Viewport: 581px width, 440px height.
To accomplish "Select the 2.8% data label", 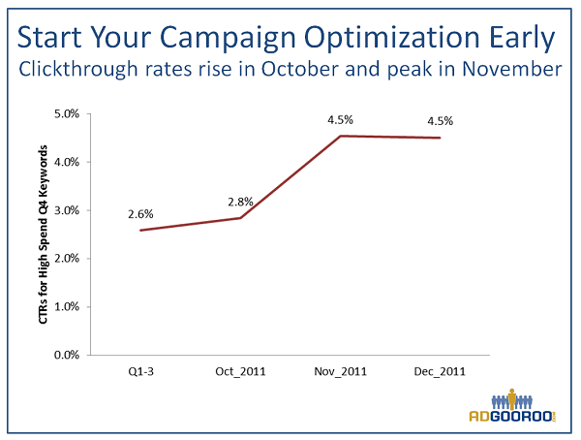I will [x=240, y=201].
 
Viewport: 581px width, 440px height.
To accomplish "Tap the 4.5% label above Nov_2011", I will [x=340, y=119].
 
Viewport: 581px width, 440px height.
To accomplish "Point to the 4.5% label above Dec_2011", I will [x=440, y=121].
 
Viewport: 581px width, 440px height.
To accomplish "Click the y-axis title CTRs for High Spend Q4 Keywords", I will [x=45, y=234].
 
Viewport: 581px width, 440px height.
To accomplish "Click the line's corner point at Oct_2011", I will [x=241, y=218].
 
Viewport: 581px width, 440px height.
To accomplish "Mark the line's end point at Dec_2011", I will [x=440, y=138].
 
